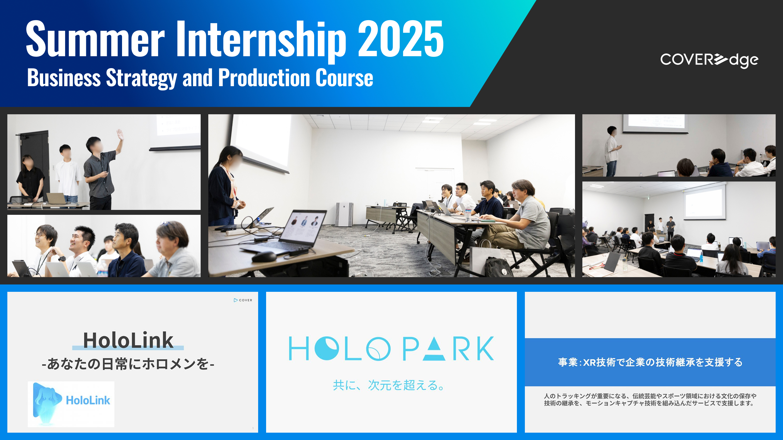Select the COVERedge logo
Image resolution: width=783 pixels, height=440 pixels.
pos(709,60)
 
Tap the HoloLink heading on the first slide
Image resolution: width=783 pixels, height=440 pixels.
pos(128,340)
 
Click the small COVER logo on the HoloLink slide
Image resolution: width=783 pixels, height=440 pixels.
pos(243,300)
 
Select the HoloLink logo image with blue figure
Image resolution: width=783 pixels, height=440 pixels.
pos(71,404)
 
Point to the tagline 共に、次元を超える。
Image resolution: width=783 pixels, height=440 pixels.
pos(388,385)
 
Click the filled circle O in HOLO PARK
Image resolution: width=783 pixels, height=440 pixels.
pos(327,348)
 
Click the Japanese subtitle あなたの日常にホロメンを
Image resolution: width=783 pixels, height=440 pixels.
pos(128,364)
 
